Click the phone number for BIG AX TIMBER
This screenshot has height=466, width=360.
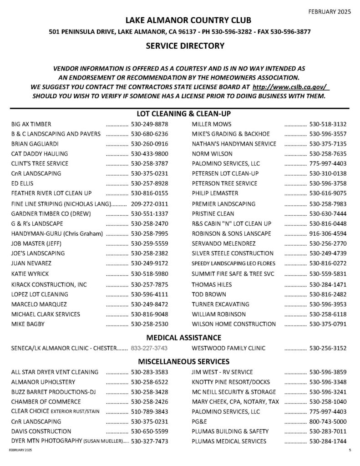click(150, 124)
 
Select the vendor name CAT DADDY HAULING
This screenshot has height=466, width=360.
click(39, 154)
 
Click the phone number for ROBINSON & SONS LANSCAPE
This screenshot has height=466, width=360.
click(328, 233)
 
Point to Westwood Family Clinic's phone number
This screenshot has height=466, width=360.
click(328, 349)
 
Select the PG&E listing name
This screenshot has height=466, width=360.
click(200, 421)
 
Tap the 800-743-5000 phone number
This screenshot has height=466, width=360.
click(328, 421)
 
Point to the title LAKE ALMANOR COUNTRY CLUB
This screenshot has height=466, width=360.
click(180, 21)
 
